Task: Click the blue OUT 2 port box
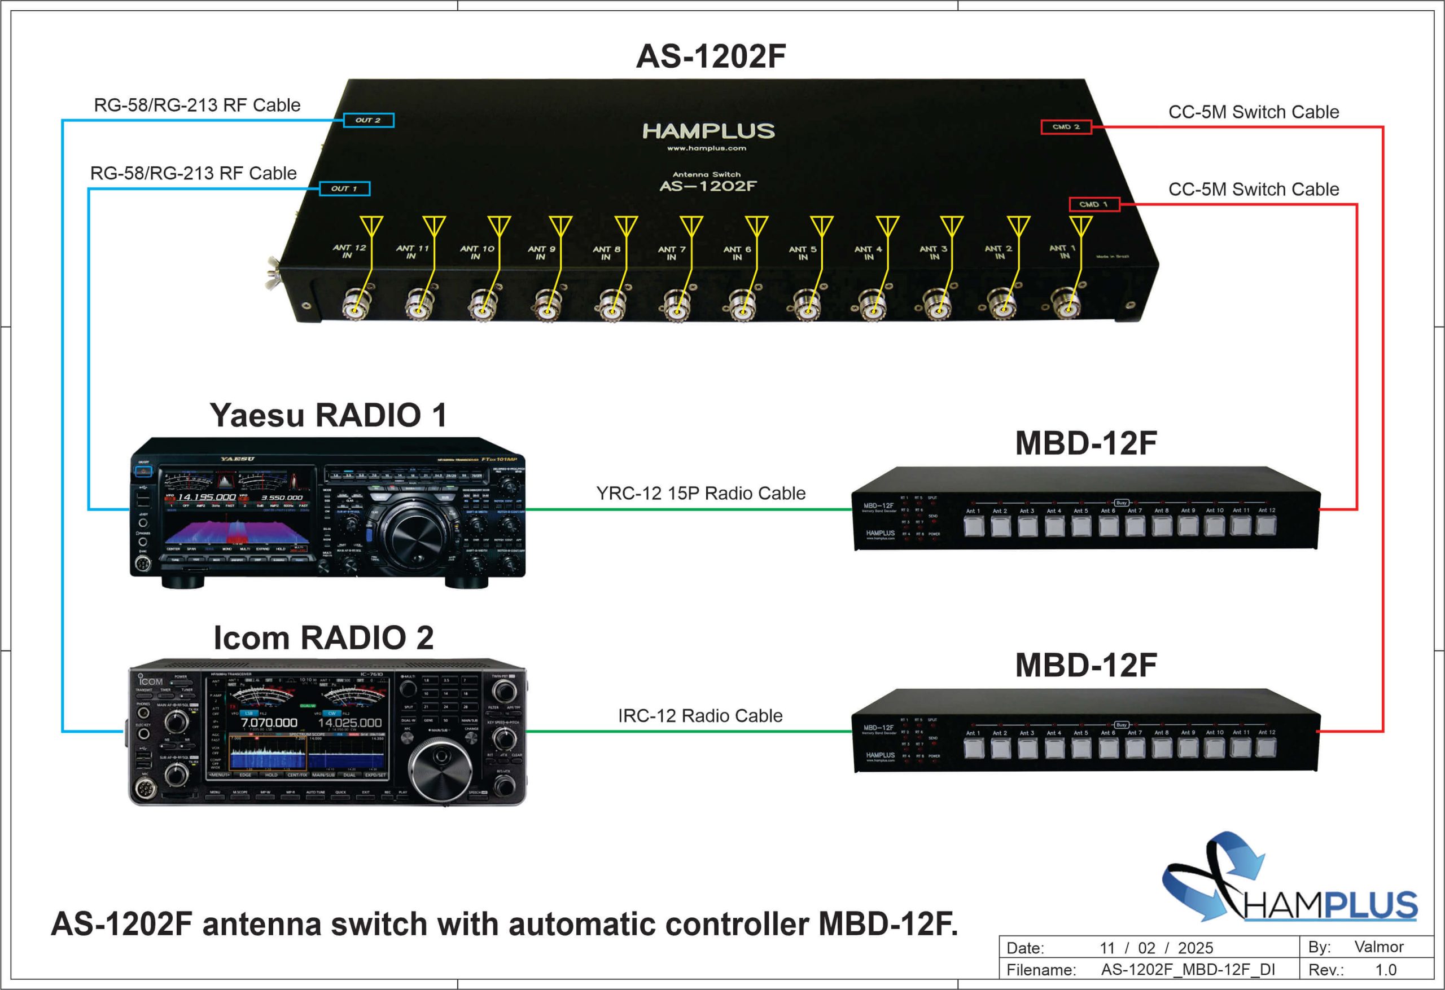pyautogui.click(x=369, y=120)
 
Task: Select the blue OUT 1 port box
pyautogui.click(x=344, y=188)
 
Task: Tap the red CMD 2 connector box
pyautogui.click(x=1066, y=127)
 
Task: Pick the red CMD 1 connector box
pyautogui.click(x=1094, y=204)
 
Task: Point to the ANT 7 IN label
pyautogui.click(x=672, y=253)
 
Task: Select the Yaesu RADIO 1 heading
pyautogui.click(x=329, y=415)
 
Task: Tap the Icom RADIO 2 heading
pyautogui.click(x=323, y=637)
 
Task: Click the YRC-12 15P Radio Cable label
pyautogui.click(x=700, y=494)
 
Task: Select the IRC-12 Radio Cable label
pyautogui.click(x=700, y=716)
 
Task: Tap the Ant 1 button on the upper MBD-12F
pyautogui.click(x=973, y=526)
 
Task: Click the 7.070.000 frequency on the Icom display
pyautogui.click(x=269, y=723)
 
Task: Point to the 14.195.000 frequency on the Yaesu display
pyautogui.click(x=207, y=497)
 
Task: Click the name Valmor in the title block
pyautogui.click(x=1379, y=947)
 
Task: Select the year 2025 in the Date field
pyautogui.click(x=1196, y=948)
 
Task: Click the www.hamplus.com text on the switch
pyautogui.click(x=706, y=148)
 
